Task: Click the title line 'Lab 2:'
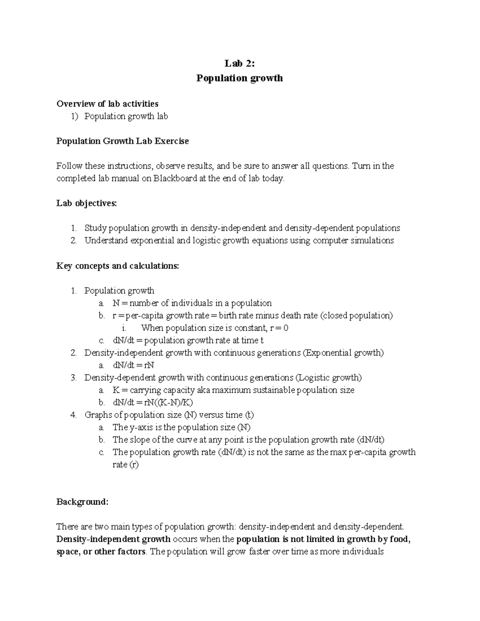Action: click(x=239, y=64)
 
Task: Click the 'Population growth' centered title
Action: click(x=239, y=78)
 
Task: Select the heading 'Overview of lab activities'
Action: click(x=107, y=104)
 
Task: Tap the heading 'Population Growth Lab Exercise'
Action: click(x=122, y=141)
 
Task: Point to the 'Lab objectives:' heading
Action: click(x=87, y=203)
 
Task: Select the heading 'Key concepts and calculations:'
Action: click(x=118, y=266)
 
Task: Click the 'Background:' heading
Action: click(x=82, y=502)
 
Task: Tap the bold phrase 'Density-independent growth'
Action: click(x=114, y=539)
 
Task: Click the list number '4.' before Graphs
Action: click(x=74, y=415)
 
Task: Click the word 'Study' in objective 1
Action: click(x=95, y=228)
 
